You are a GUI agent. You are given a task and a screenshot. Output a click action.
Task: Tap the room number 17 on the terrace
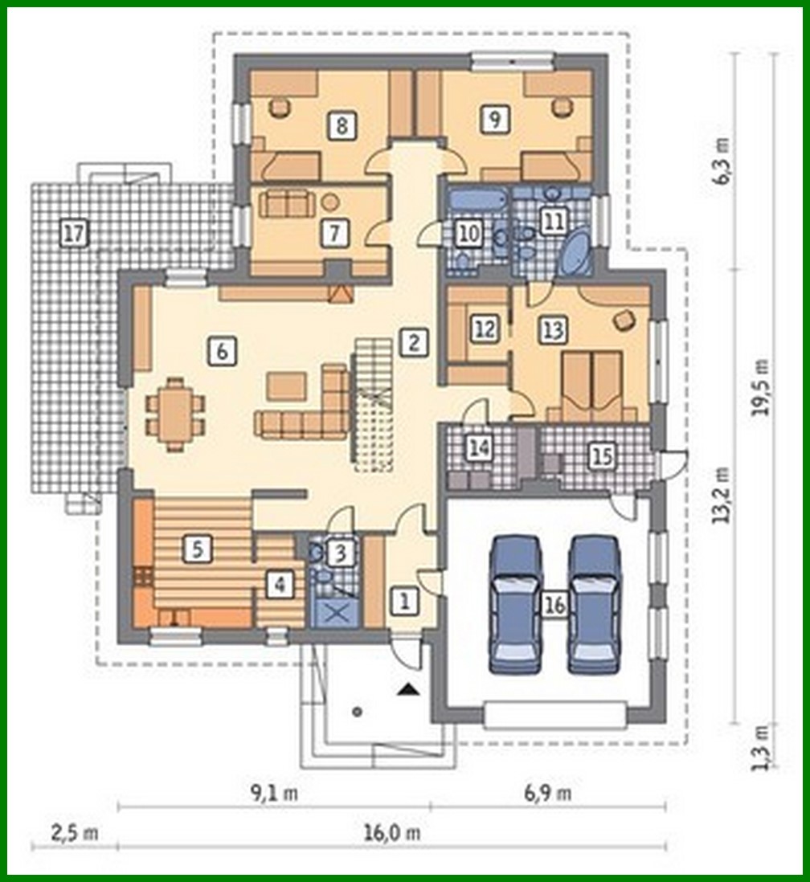tap(74, 234)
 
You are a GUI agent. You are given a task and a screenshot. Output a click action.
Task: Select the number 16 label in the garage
tap(554, 604)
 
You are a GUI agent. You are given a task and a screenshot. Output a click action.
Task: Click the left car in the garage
tap(516, 604)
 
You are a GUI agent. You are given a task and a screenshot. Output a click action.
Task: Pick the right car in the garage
tap(594, 604)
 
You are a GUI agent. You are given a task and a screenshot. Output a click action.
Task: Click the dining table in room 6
tap(175, 414)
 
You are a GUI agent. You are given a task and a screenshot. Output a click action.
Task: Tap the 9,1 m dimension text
tap(274, 794)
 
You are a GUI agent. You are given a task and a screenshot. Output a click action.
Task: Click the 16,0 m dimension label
tap(393, 833)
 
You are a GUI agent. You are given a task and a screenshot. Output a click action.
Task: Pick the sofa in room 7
tap(287, 204)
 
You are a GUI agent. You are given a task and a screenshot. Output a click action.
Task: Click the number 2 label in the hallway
tap(413, 342)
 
